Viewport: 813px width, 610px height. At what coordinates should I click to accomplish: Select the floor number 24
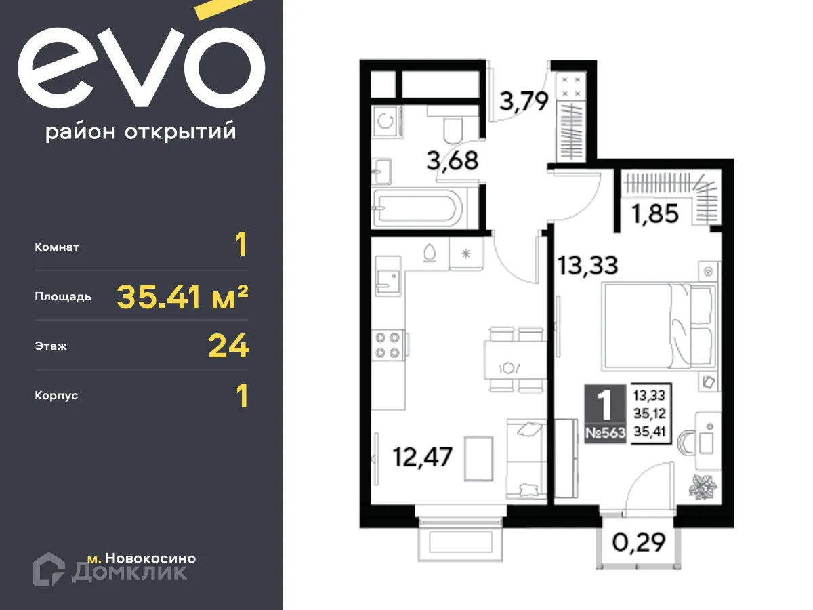tap(229, 346)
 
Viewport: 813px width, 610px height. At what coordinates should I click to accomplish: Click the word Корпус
tap(56, 395)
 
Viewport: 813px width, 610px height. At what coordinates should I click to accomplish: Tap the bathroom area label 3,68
tap(453, 161)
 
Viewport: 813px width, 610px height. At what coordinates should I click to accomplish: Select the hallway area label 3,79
tap(523, 103)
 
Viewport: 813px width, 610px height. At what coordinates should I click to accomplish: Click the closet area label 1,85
tap(654, 215)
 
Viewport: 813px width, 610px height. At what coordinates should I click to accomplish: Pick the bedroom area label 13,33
tap(587, 264)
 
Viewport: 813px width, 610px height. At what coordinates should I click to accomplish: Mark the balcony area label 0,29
tap(635, 542)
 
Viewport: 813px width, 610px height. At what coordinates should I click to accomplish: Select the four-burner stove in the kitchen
tap(389, 344)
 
